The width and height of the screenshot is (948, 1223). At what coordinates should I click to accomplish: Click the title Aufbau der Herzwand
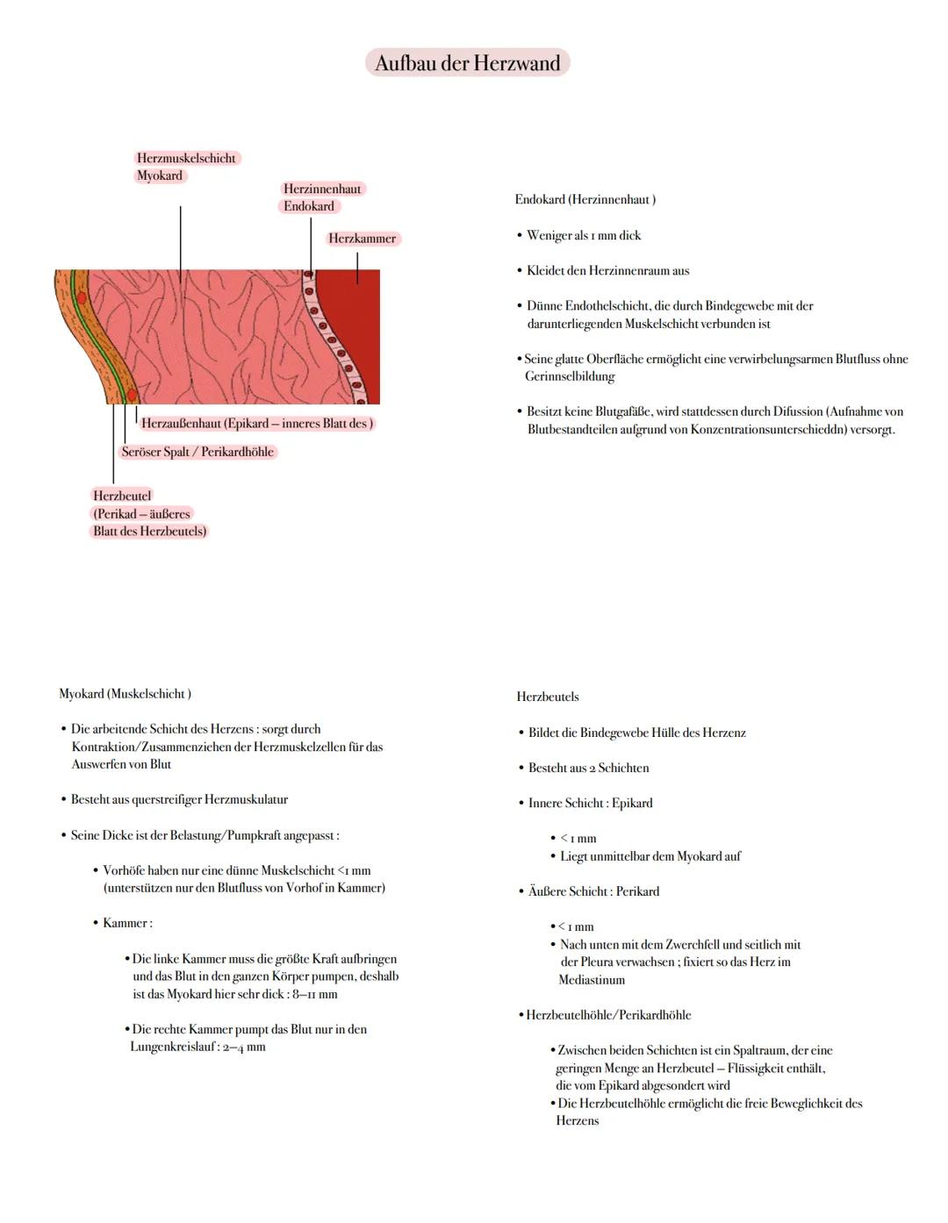click(x=467, y=63)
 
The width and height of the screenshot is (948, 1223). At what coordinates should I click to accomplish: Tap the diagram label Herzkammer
click(x=363, y=239)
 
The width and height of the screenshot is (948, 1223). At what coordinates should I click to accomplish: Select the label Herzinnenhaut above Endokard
click(x=322, y=189)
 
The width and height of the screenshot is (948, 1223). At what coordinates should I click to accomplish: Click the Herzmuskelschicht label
click(x=186, y=158)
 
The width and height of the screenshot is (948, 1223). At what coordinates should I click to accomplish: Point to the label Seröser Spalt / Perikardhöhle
click(x=197, y=452)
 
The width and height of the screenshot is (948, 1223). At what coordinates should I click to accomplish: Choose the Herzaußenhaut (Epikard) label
click(x=256, y=423)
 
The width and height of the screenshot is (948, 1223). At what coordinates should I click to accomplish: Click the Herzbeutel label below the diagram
click(x=122, y=496)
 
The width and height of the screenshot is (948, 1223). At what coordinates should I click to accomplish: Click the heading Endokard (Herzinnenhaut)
click(x=585, y=199)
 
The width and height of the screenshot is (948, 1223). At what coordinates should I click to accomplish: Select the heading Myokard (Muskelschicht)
click(x=125, y=694)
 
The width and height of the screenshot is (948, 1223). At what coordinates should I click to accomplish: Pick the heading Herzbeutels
click(x=548, y=697)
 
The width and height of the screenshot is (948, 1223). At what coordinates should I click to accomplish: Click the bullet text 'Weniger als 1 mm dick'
click(x=584, y=235)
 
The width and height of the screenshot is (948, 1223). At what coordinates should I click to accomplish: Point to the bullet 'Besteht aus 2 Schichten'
click(x=588, y=768)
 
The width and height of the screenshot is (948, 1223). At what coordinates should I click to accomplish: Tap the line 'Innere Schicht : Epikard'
click(x=590, y=803)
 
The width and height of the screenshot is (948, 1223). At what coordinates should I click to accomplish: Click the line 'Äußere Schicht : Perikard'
click(x=593, y=891)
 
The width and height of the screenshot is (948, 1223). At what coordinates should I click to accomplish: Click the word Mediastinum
click(x=592, y=979)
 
